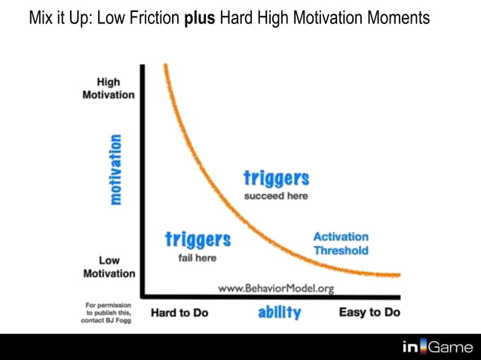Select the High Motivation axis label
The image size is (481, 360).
coord(109,89)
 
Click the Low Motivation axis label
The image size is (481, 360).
coord(109,267)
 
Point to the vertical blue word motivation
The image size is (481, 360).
coord(115,169)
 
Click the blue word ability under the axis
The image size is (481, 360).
coord(279,313)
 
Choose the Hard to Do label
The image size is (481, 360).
coord(179,312)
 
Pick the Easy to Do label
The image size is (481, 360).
coord(369,312)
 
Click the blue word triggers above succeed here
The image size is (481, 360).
coord(277,178)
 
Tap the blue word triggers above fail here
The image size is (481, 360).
coord(198,240)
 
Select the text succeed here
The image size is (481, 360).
coord(277,196)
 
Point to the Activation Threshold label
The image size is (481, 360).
coord(341,243)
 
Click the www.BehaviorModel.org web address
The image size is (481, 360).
coord(276,288)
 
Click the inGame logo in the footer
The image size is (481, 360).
coord(437,346)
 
